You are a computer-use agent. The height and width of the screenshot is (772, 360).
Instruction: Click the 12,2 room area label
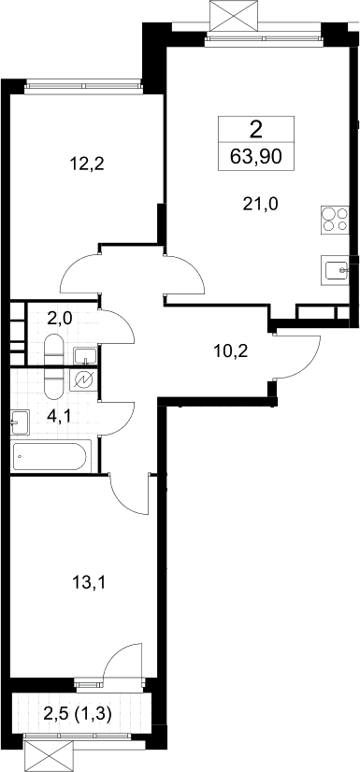(x=88, y=164)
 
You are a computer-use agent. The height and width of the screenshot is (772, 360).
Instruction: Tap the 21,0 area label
(x=260, y=203)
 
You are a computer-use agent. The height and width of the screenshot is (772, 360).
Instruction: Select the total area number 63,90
(x=255, y=157)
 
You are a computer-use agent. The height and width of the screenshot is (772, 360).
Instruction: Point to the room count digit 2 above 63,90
(x=255, y=131)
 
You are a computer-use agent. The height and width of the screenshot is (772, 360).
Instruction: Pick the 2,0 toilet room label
(x=60, y=318)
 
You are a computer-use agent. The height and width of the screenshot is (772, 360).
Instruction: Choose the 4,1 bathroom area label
(x=60, y=417)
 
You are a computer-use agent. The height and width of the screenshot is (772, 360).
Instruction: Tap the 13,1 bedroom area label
(x=89, y=583)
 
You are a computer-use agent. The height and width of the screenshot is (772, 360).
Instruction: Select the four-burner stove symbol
(x=335, y=220)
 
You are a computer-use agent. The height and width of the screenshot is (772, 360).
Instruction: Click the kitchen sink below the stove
(x=335, y=270)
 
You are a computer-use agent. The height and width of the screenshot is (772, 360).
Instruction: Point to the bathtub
(x=50, y=457)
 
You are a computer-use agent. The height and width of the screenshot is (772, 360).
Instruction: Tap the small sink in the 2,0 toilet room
(x=85, y=355)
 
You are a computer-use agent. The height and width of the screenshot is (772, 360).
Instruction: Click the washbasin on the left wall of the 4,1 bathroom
(x=20, y=422)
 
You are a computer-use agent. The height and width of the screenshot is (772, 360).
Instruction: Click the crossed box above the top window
(x=234, y=16)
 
